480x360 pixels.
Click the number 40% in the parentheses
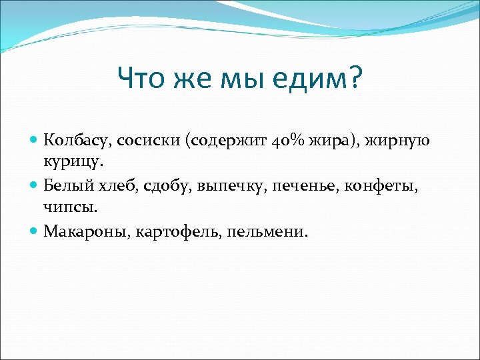(x=288, y=141)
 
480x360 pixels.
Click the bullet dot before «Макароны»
(x=35, y=231)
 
